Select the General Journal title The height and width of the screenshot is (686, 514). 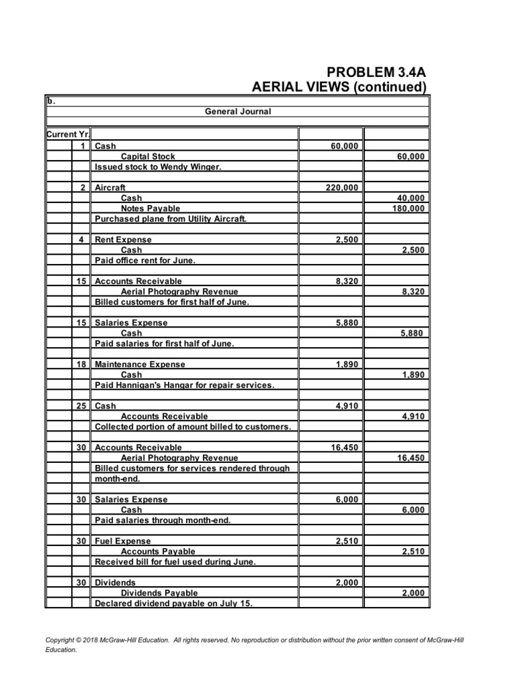tap(238, 111)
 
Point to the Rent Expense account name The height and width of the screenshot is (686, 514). tap(124, 240)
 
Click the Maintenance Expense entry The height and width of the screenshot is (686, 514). tap(141, 364)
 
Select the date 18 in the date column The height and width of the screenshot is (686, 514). tap(82, 364)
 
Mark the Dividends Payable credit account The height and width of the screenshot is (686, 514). tap(159, 593)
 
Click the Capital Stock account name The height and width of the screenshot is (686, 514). tap(148, 157)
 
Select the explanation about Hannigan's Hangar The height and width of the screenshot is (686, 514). tap(185, 385)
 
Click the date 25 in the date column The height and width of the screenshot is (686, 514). tap(82, 406)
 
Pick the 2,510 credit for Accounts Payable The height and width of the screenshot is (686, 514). tap(412, 551)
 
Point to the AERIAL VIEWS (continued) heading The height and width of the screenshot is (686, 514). tap(339, 87)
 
